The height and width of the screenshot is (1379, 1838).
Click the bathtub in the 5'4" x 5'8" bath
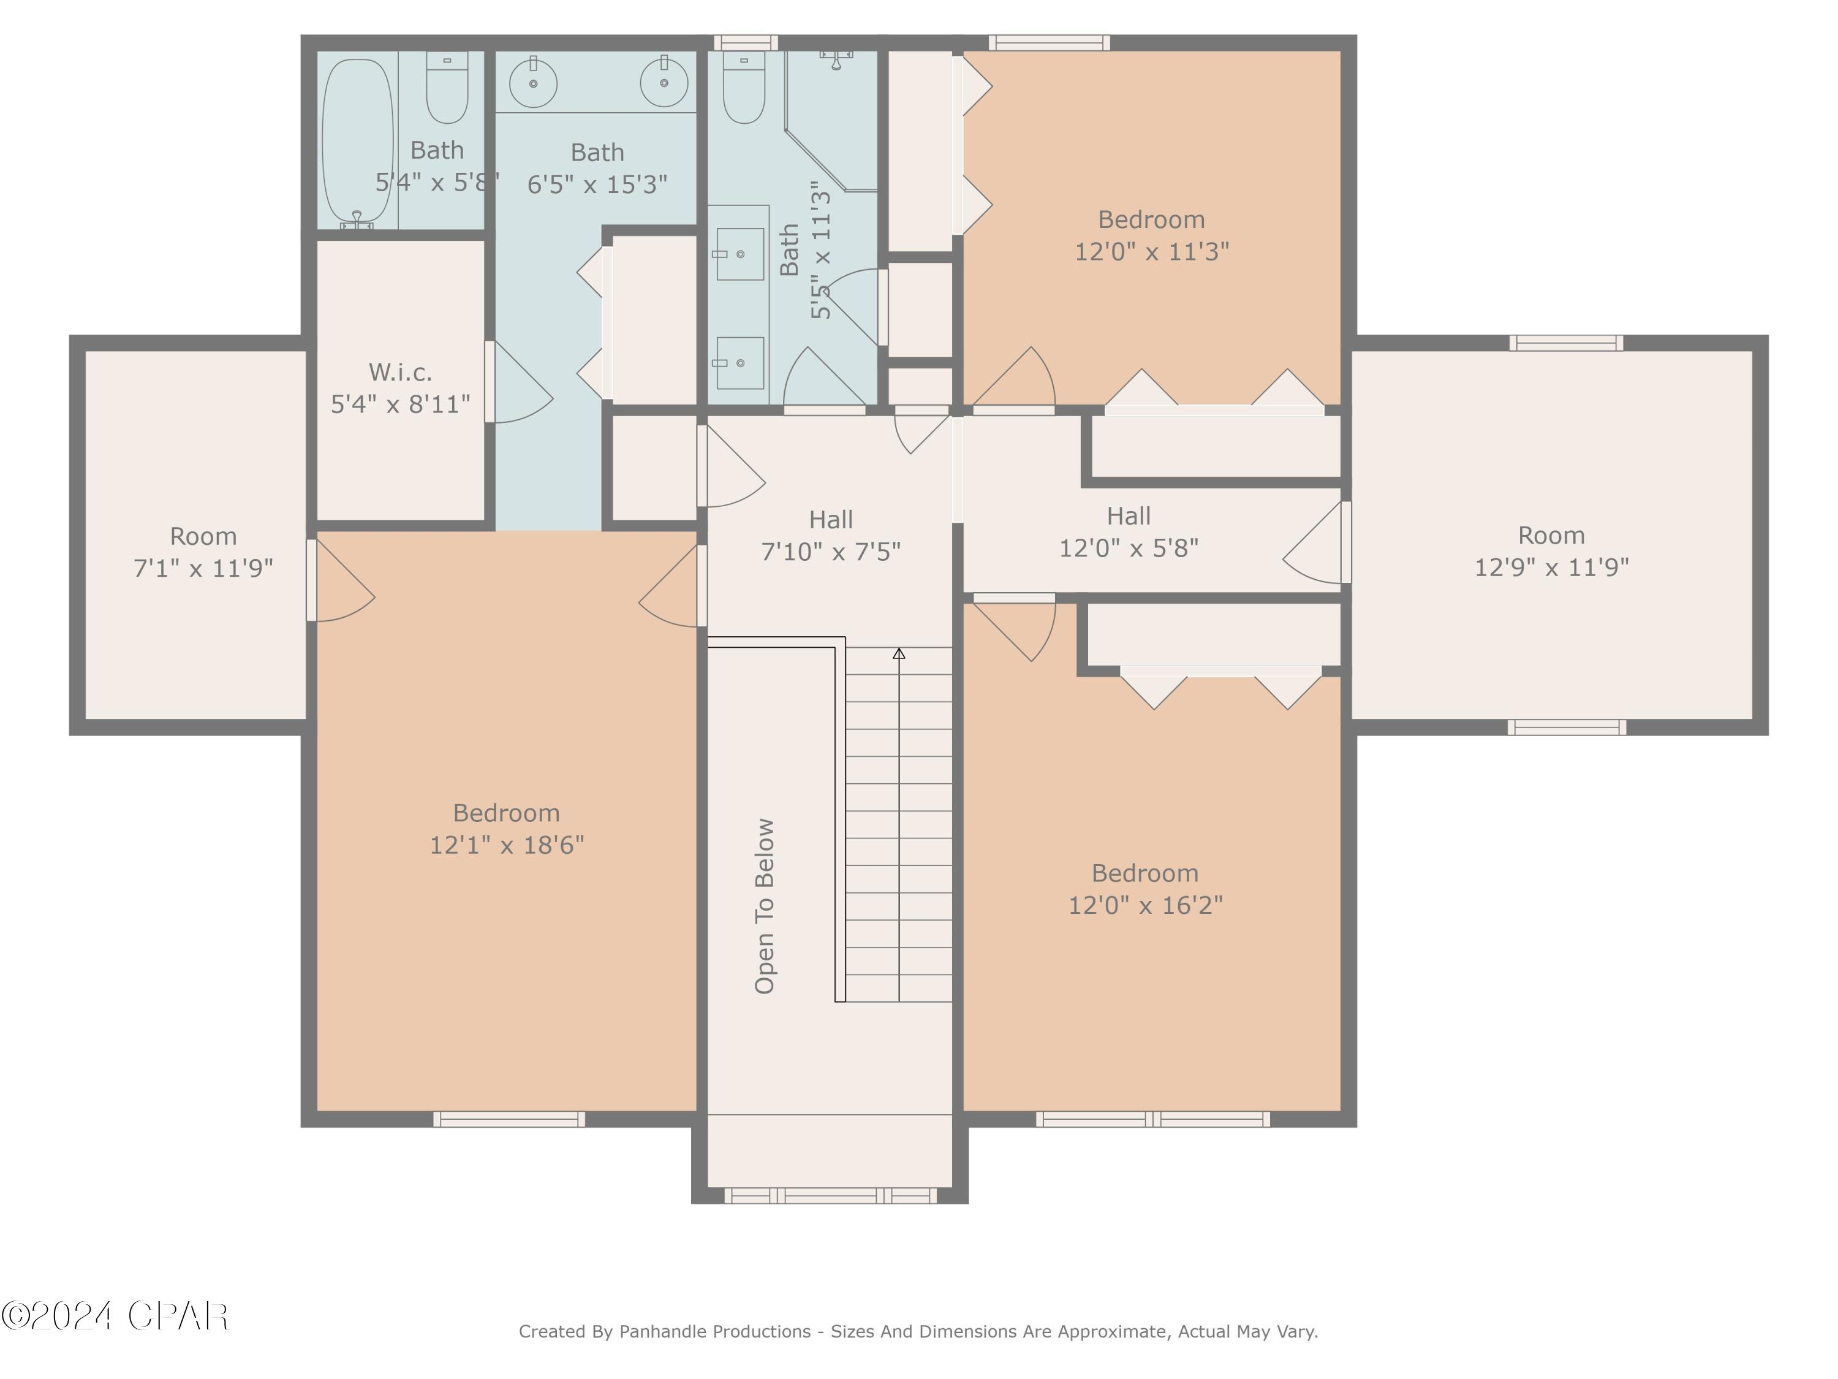coord(357,140)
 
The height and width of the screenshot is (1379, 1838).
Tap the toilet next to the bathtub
coord(447,86)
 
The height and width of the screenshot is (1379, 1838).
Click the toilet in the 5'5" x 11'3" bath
coord(744,86)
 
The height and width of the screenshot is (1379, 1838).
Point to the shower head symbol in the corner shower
coord(836,58)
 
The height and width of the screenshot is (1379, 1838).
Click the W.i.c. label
coord(401,371)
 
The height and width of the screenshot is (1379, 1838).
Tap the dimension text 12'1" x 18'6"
coord(507,845)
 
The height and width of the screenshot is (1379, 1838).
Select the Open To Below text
coord(765,906)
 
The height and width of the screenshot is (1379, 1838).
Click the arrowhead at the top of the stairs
coord(899,654)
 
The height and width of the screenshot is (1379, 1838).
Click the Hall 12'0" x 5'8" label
coord(1129,532)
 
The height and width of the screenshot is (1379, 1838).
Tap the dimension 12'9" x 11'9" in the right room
coord(1551,568)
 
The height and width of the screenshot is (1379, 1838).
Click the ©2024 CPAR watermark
coord(115,1316)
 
